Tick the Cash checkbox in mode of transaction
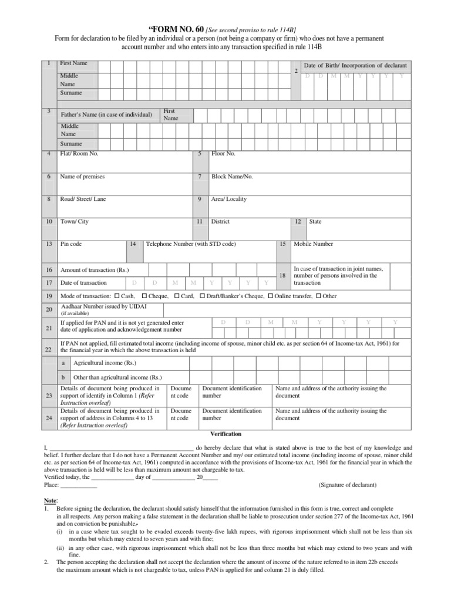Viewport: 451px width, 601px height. coord(116,296)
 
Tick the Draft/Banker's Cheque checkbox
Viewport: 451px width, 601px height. coord(203,296)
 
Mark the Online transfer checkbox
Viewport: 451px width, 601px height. coord(270,296)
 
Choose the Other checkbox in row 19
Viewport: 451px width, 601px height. coord(318,296)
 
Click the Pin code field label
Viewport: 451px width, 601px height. coord(71,244)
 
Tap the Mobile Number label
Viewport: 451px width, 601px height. coord(313,244)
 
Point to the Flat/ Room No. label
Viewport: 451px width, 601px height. coord(79,154)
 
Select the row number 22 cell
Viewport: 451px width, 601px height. coord(49,350)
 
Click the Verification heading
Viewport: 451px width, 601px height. coord(225,434)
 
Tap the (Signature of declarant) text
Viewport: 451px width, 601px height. coord(347,485)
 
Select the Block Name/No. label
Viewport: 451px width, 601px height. coord(232,176)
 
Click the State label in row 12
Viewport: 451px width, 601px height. coord(315,222)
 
